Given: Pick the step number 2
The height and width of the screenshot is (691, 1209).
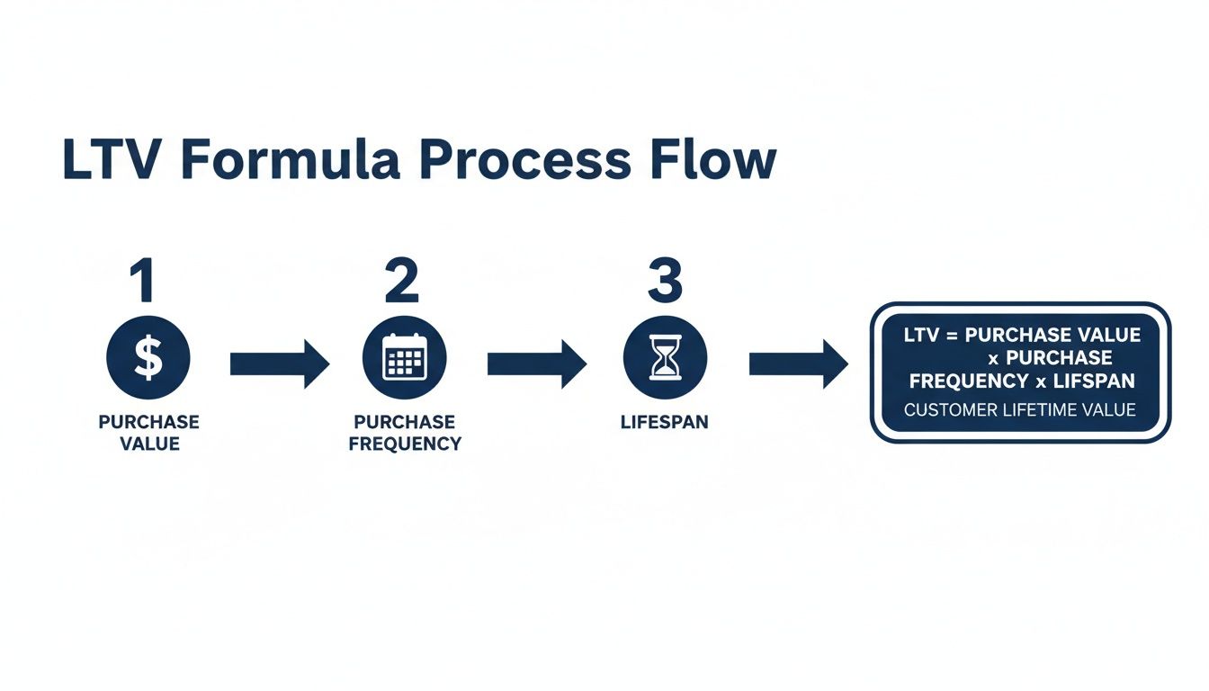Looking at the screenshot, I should click(x=402, y=283).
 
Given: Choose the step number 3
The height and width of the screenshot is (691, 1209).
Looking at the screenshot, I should click(x=665, y=283).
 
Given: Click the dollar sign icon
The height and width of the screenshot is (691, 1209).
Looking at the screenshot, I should click(x=148, y=359).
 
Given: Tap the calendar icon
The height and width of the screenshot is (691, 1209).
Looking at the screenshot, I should click(x=404, y=359).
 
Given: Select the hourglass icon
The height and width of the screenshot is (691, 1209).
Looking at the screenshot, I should click(x=665, y=359).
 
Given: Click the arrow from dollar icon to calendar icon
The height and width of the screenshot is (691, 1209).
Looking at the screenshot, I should click(x=279, y=363).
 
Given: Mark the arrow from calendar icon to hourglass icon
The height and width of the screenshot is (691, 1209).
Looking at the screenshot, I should click(x=536, y=363).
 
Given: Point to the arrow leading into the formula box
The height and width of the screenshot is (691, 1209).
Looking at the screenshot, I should click(x=798, y=363).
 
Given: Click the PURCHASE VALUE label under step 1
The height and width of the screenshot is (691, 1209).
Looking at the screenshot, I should click(x=149, y=433).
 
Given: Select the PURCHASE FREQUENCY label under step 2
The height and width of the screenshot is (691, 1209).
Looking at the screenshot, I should click(x=405, y=433).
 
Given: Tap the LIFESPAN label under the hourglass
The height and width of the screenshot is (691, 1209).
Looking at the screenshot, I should click(x=665, y=422).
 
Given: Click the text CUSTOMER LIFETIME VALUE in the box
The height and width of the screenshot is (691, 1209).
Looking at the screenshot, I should click(x=1019, y=410).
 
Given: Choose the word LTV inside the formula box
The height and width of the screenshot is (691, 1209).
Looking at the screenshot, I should click(x=921, y=336).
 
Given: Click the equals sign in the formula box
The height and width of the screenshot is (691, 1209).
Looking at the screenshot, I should click(x=952, y=336).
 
